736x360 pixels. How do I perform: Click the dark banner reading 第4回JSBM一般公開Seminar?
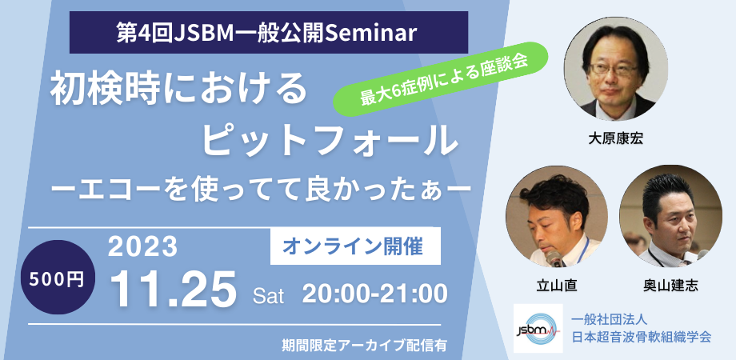(x=268, y=34)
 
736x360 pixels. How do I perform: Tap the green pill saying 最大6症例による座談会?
(x=443, y=78)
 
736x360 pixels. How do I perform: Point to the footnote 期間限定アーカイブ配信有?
(x=364, y=346)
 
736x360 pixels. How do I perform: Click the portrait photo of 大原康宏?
(x=615, y=69)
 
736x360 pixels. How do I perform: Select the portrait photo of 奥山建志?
(x=666, y=218)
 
